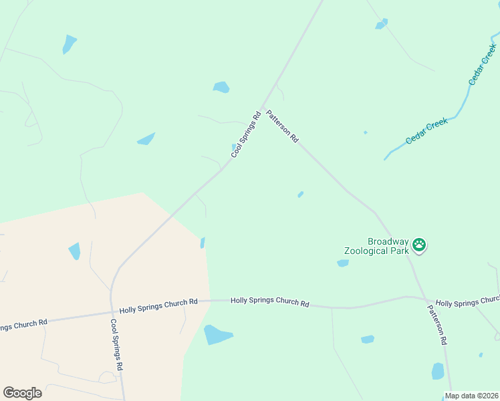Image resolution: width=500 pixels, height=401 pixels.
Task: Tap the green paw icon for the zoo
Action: pyautogui.click(x=419, y=245)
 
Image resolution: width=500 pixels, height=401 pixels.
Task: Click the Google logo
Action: pyautogui.click(x=22, y=393)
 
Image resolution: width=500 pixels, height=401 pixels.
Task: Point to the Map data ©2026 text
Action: pyautogui.click(x=471, y=396)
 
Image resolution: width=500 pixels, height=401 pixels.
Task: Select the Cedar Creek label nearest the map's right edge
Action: pyautogui.click(x=482, y=64)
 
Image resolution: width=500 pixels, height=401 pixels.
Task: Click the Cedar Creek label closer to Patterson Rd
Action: pyautogui.click(x=426, y=131)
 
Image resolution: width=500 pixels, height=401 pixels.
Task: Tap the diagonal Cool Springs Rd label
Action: pyautogui.click(x=245, y=134)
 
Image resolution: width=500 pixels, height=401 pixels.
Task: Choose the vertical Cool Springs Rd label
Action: pyautogui.click(x=116, y=345)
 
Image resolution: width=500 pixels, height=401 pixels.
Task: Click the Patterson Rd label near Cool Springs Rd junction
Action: pyautogui.click(x=282, y=126)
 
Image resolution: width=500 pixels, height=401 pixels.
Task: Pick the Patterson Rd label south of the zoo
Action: pyautogui.click(x=437, y=325)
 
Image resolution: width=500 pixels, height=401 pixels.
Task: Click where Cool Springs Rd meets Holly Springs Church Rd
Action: pyautogui.click(x=111, y=311)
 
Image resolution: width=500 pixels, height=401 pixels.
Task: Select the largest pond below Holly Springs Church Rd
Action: pyautogui.click(x=218, y=334)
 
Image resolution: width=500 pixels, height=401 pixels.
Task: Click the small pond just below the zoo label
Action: pyautogui.click(x=343, y=263)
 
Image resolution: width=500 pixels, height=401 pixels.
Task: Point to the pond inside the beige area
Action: pyautogui.click(x=74, y=251)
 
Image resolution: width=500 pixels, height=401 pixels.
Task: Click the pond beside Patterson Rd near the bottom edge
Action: pyautogui.click(x=438, y=371)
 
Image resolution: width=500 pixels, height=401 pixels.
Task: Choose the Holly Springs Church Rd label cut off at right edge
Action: pyautogui.click(x=467, y=302)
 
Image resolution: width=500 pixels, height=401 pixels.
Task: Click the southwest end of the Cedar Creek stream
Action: pyautogui.click(x=385, y=159)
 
